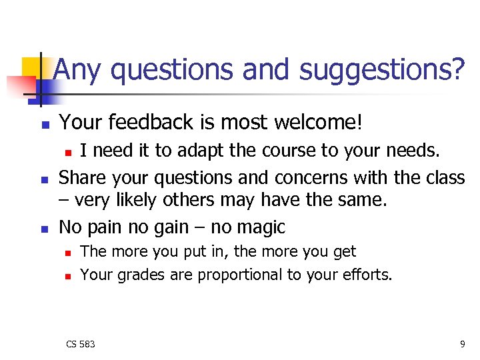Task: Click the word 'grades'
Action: coord(139,275)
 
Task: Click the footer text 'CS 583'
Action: coord(80,344)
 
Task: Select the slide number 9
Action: coord(462,344)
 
